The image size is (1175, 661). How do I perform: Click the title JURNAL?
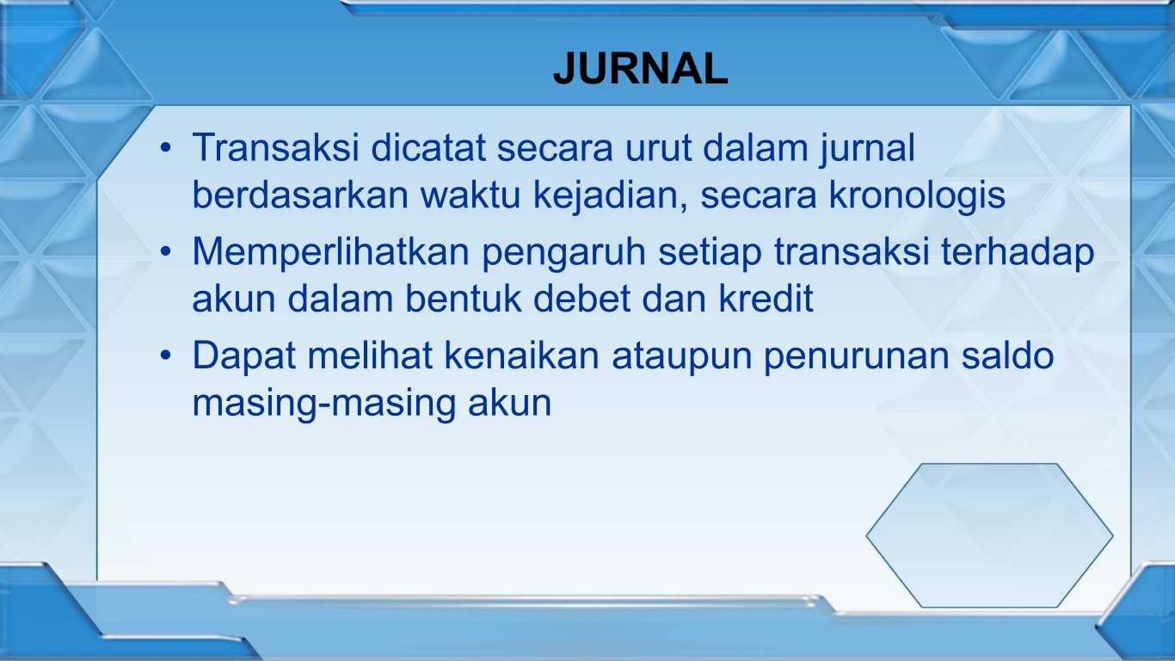(x=641, y=69)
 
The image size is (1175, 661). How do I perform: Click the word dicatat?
(x=428, y=147)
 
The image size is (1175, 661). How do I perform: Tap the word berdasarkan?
(x=300, y=195)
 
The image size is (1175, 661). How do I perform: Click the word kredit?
(x=766, y=298)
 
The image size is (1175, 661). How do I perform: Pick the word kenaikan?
(x=521, y=355)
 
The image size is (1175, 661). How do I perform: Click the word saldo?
(x=1007, y=355)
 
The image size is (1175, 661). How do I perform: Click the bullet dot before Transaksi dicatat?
(x=166, y=147)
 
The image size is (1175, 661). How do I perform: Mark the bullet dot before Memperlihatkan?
(x=166, y=251)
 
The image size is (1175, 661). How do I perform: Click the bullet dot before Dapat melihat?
(x=166, y=355)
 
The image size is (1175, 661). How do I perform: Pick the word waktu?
(x=470, y=195)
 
